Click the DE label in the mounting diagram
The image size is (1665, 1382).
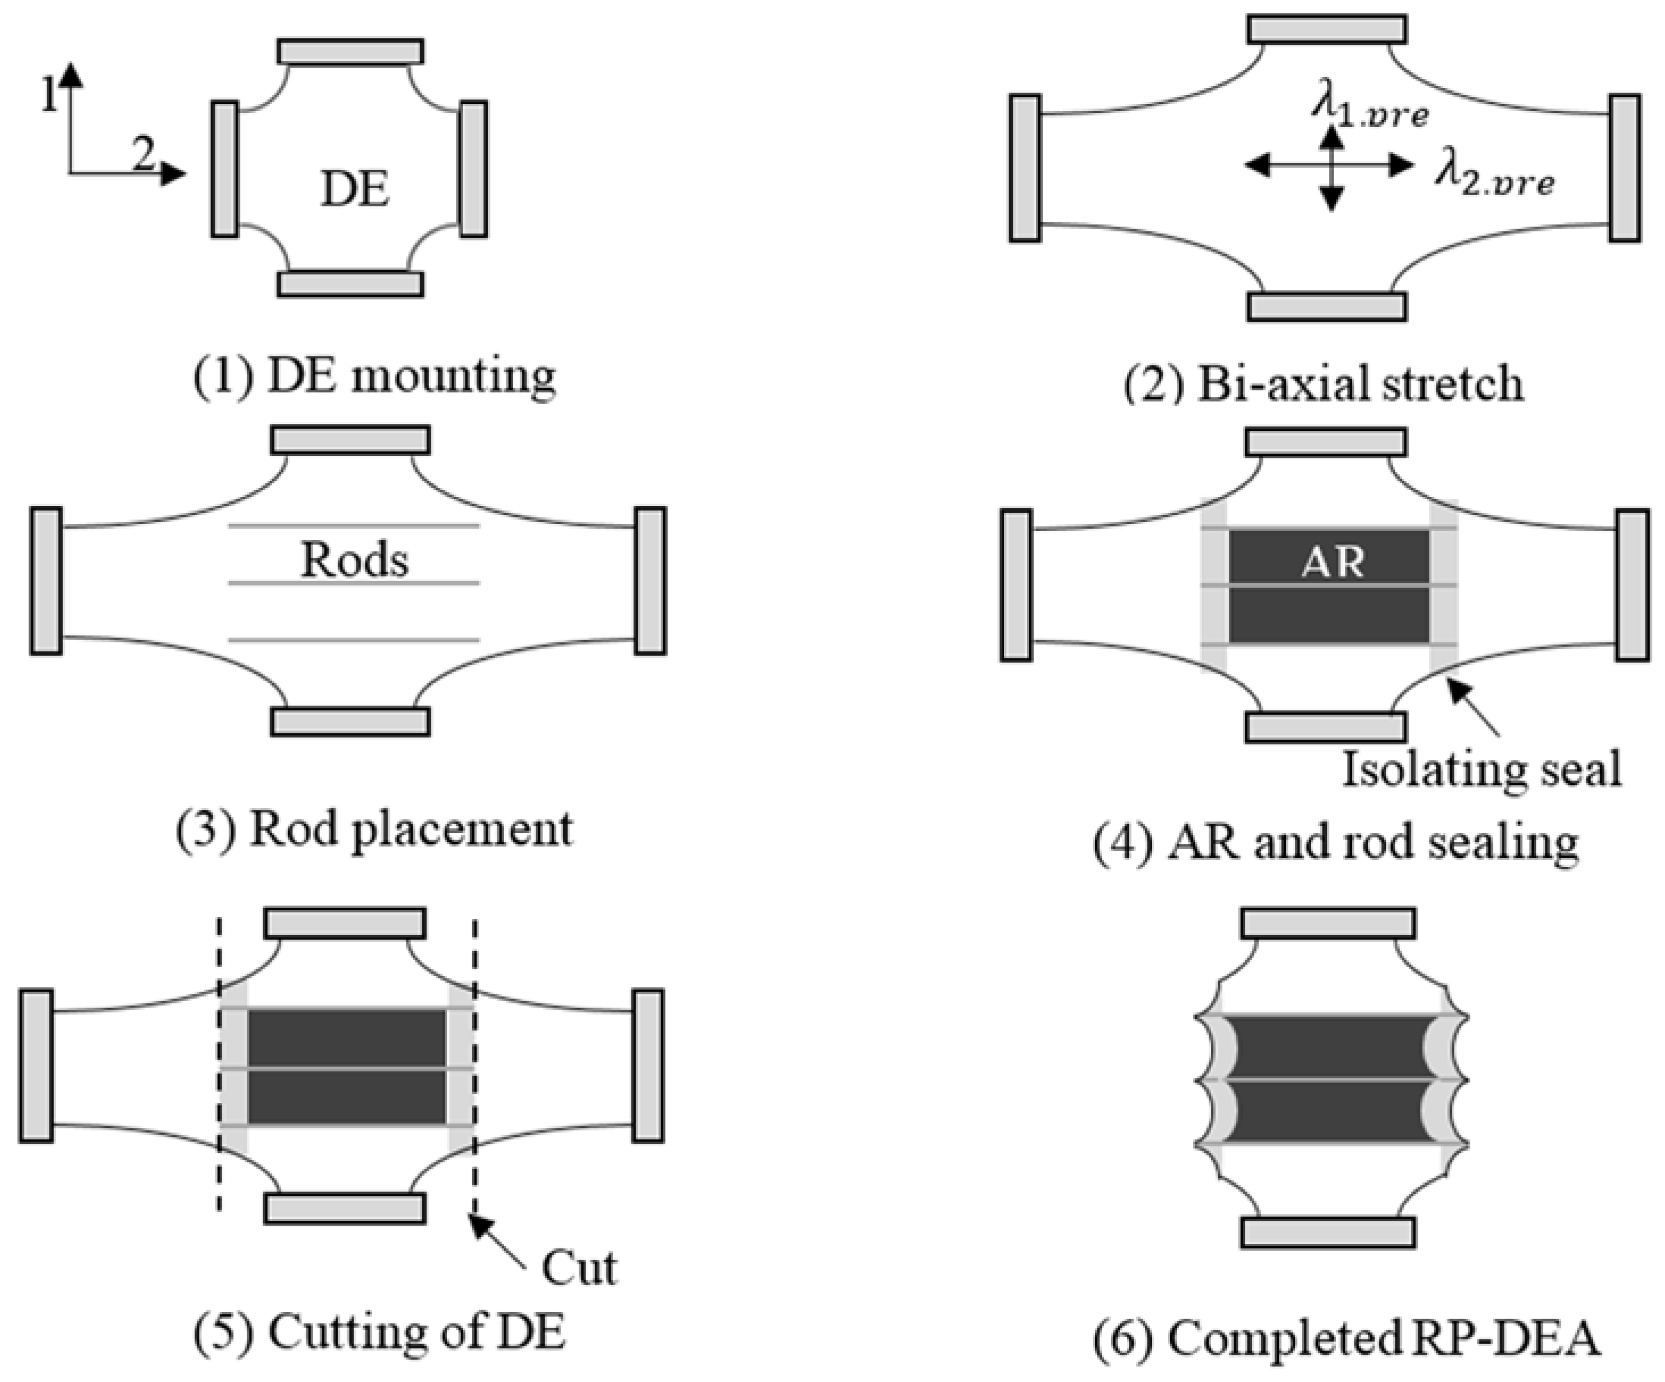click(x=355, y=190)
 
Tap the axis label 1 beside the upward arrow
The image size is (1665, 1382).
click(x=50, y=96)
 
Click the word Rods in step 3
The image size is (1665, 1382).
click(x=355, y=560)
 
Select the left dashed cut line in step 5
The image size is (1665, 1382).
click(x=219, y=1063)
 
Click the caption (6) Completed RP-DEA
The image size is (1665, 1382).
click(x=1346, y=1340)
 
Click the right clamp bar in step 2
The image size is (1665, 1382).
click(x=1625, y=167)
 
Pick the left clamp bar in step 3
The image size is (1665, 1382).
click(x=46, y=581)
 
